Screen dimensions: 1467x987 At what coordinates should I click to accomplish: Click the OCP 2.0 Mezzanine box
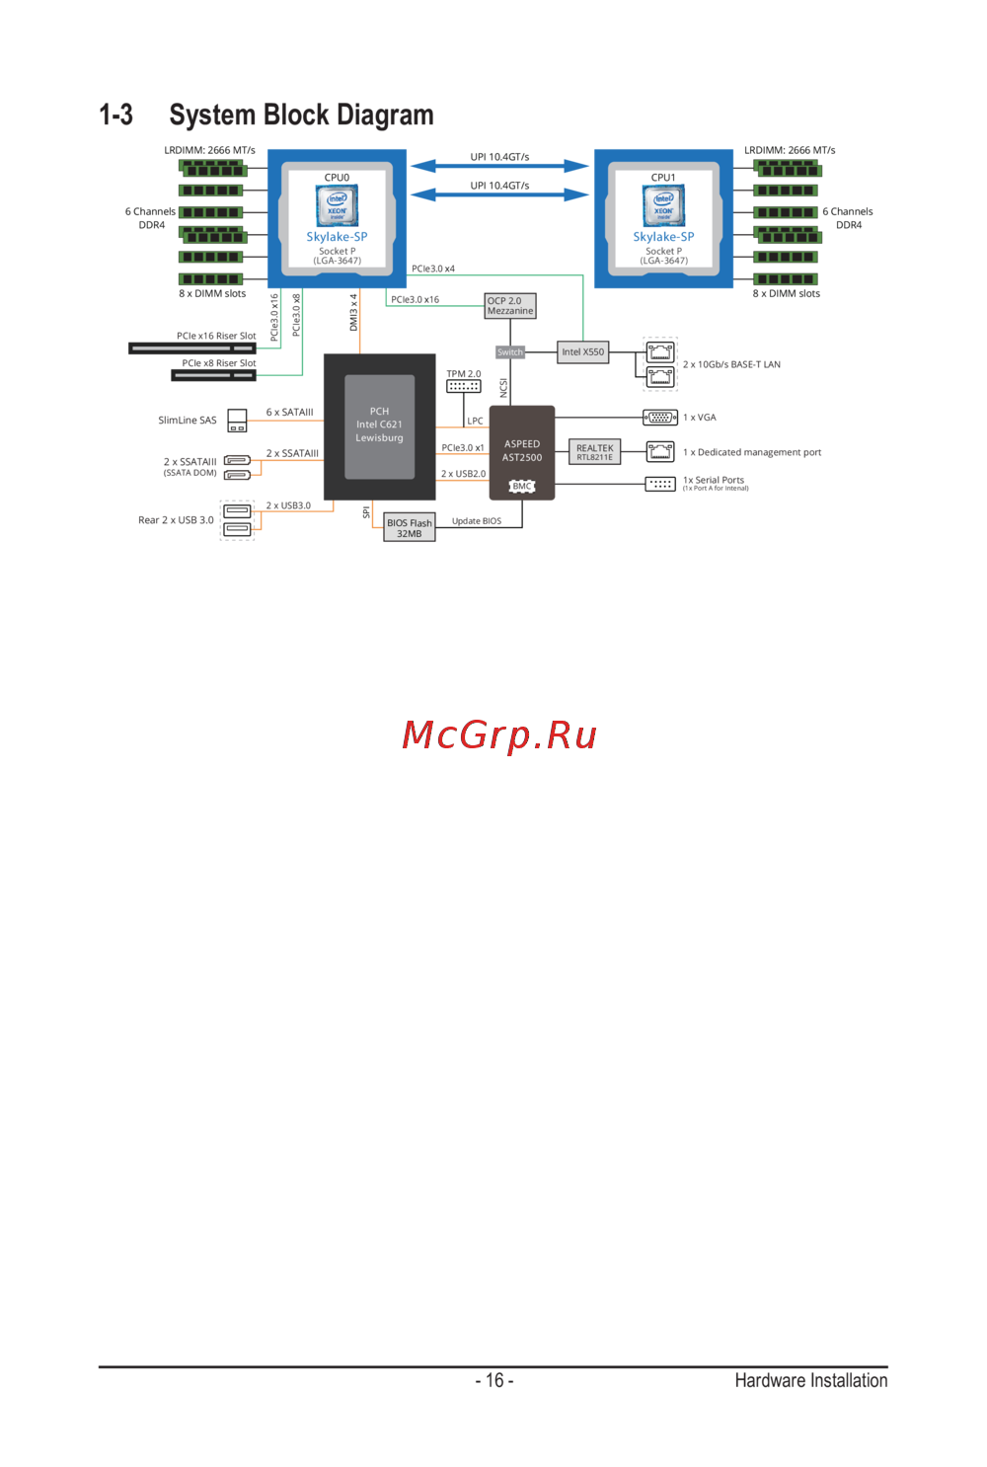[x=510, y=306]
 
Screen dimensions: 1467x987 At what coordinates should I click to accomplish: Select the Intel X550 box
[x=582, y=352]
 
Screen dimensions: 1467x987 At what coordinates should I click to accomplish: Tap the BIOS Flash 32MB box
[x=409, y=528]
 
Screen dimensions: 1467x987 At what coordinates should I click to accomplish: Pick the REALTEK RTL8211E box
[x=594, y=452]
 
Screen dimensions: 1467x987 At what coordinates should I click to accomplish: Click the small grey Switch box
[x=509, y=352]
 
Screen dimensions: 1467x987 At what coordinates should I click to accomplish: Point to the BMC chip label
[x=522, y=486]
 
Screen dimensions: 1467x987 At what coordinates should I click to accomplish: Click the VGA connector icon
[x=660, y=418]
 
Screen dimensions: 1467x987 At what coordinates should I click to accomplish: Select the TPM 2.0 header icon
[x=463, y=386]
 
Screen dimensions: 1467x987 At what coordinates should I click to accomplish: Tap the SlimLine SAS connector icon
[x=237, y=421]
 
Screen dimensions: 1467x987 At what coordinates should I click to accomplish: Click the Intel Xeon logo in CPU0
[x=337, y=206]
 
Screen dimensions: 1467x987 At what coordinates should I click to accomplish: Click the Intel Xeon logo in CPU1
[x=663, y=206]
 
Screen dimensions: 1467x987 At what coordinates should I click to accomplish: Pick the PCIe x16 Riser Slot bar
[x=192, y=348]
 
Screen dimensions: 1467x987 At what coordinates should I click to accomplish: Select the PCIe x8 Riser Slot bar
[x=213, y=375]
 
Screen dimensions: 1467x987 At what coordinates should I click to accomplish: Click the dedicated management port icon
[x=660, y=451]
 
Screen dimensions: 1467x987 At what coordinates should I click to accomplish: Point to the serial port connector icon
[x=660, y=484]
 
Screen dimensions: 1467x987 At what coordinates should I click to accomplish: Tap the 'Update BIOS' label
[x=477, y=521]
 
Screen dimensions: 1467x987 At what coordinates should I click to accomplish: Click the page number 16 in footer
[x=494, y=1380]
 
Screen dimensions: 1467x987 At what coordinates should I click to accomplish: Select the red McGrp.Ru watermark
[x=499, y=735]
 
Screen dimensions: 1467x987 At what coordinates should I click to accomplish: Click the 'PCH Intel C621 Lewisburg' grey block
[x=379, y=425]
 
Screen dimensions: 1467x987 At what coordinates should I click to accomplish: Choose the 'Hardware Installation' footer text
[x=810, y=1380]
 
